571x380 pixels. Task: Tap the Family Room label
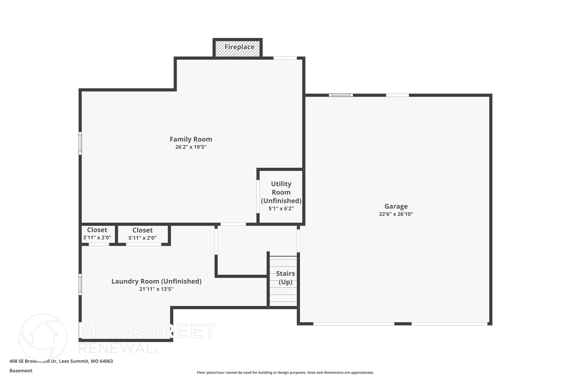(x=191, y=139)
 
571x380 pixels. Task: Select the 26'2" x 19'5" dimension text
(x=191, y=147)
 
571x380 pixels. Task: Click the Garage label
(x=396, y=206)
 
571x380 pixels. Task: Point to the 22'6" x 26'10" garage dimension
(x=396, y=214)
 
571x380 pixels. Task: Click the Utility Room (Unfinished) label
(x=281, y=192)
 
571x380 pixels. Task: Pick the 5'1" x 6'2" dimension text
(x=281, y=209)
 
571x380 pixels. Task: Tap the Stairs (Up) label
(x=285, y=278)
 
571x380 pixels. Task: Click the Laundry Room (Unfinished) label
(x=156, y=281)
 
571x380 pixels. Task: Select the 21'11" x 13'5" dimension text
(x=156, y=289)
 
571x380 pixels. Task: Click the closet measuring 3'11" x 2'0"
(x=97, y=234)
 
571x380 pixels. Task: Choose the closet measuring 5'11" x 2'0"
(x=142, y=234)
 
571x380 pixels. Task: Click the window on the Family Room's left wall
(x=80, y=143)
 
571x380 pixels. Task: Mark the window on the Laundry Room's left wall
(x=80, y=284)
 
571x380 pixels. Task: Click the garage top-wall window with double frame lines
(x=341, y=95)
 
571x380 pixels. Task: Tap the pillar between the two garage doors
(x=403, y=324)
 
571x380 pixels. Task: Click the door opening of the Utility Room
(x=258, y=197)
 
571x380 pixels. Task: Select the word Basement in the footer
(x=21, y=371)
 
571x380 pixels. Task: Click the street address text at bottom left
(x=61, y=361)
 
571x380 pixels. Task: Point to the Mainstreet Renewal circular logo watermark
(x=43, y=337)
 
